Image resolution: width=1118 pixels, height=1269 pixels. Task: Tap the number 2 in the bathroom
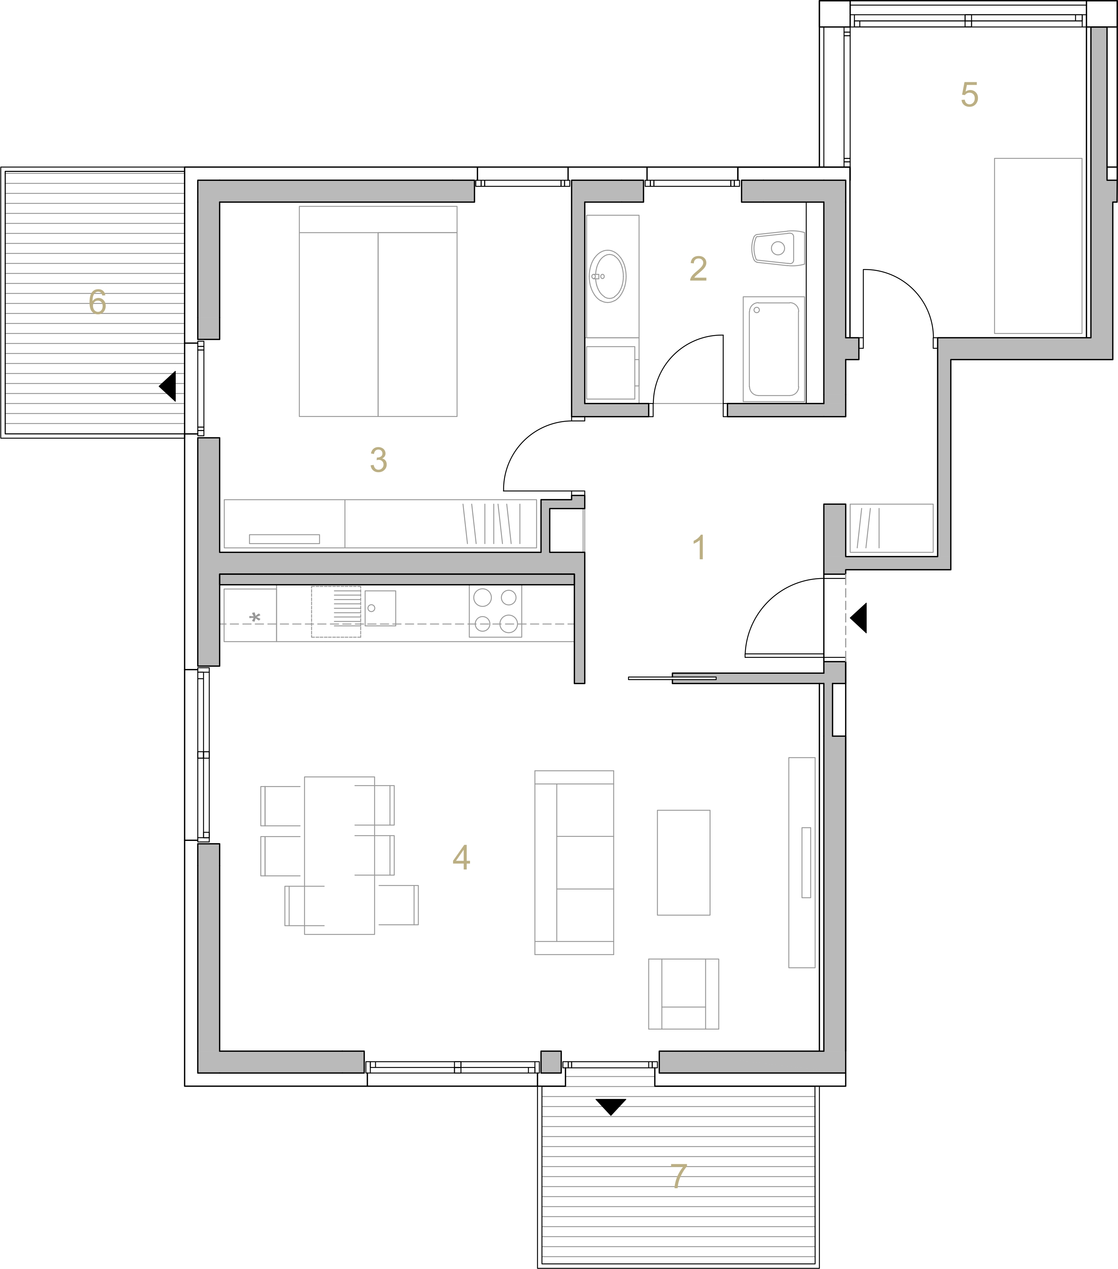(698, 269)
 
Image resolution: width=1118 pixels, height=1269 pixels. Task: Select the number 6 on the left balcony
(97, 302)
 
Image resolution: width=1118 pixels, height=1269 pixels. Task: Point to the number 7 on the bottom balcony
(678, 1176)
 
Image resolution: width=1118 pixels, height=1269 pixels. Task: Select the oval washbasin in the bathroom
(608, 276)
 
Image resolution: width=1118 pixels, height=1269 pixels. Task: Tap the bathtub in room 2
(774, 349)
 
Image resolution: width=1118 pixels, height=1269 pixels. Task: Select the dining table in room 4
(339, 855)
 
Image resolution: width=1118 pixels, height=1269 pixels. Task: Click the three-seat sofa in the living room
(574, 862)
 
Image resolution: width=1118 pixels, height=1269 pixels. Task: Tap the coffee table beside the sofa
(683, 862)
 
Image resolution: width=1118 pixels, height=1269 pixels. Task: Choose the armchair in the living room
(683, 994)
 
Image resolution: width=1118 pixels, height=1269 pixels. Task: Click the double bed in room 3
(378, 311)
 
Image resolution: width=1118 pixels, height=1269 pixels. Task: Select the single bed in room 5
(1038, 246)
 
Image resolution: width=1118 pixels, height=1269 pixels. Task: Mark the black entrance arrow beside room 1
(859, 618)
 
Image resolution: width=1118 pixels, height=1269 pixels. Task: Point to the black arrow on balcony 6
(168, 386)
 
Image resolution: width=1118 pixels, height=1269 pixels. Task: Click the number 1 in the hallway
(699, 547)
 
